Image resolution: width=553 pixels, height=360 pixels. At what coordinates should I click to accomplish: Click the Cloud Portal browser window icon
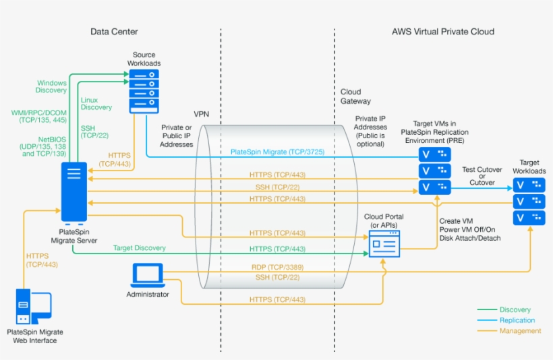coord(384,242)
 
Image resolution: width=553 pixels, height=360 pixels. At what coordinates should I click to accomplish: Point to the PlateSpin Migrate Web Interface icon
coord(32,308)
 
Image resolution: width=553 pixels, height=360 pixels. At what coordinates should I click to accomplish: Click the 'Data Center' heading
coord(115,32)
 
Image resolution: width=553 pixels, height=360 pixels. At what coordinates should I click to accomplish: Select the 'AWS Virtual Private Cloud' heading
coord(442,32)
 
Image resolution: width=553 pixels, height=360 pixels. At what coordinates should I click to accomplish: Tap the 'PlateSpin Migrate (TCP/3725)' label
coord(277,152)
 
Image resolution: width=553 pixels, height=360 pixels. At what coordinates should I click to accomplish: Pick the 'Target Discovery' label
coord(140,248)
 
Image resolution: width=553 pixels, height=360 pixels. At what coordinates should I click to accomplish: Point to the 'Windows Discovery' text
coord(51,86)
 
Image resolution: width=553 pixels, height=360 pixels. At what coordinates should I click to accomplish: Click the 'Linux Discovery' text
coord(96,103)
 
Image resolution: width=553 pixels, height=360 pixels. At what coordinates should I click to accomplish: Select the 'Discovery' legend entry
coord(515,310)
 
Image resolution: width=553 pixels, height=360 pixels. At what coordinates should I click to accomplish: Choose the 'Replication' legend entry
coord(517,320)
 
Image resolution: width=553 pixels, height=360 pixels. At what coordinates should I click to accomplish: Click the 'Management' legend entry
coord(519,331)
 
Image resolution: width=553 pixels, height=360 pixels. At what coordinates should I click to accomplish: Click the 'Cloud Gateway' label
coord(355,96)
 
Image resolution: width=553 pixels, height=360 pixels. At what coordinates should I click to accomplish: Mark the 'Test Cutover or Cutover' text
coord(482,177)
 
